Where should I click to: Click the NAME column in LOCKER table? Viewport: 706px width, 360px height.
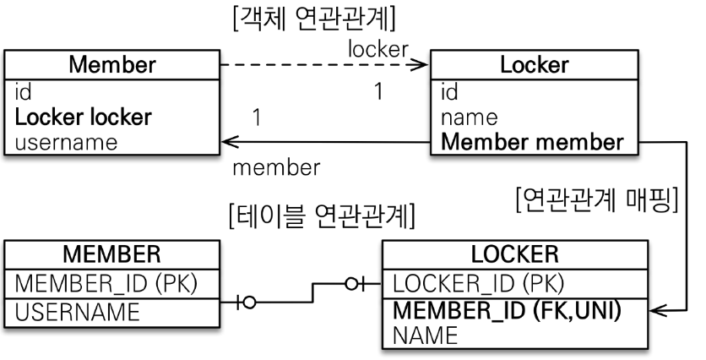coord(426,336)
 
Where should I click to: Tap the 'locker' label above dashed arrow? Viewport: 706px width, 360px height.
coord(378,50)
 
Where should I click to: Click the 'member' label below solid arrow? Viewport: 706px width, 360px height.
coord(276,167)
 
